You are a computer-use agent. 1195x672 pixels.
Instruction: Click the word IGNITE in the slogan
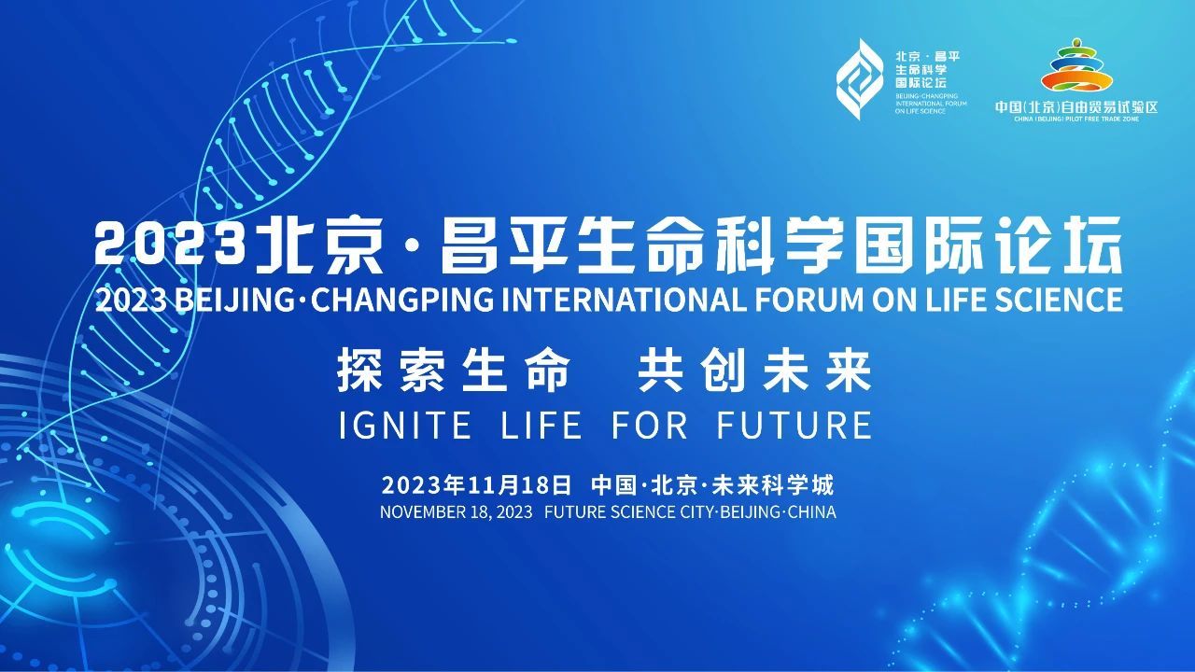click(x=405, y=425)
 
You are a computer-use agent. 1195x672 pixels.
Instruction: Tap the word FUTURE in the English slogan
click(x=794, y=425)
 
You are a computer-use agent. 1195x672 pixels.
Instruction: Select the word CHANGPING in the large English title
click(x=402, y=300)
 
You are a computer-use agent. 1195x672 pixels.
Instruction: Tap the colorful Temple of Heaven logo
click(x=1076, y=64)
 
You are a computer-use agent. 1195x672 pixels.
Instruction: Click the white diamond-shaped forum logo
click(x=858, y=79)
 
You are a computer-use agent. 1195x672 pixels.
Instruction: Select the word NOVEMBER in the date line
click(x=423, y=512)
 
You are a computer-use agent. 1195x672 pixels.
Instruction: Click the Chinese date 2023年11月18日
click(x=476, y=485)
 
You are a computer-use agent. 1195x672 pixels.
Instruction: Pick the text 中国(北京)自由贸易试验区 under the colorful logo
click(x=1076, y=106)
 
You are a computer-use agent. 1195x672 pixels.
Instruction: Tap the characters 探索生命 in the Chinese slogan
click(x=454, y=371)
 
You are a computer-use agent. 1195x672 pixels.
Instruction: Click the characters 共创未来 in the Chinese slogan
click(x=755, y=371)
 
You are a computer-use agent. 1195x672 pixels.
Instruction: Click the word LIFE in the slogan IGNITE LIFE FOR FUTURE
click(x=541, y=425)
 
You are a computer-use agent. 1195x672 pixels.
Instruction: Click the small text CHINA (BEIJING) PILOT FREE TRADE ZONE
click(x=1076, y=119)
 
